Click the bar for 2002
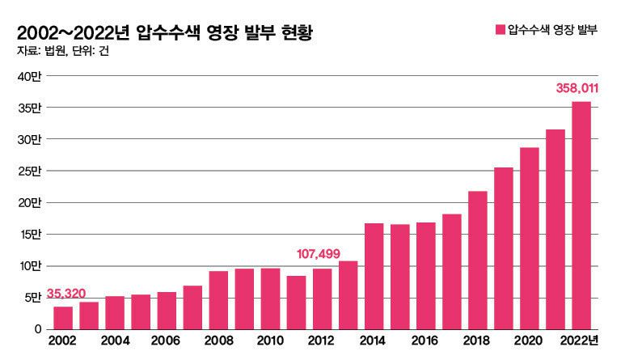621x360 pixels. pyautogui.click(x=63, y=318)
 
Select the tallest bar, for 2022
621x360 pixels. pyautogui.click(x=581, y=215)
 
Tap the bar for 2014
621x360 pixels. pyautogui.click(x=374, y=276)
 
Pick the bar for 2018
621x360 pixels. pyautogui.click(x=478, y=260)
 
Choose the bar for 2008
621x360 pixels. pyautogui.click(x=218, y=300)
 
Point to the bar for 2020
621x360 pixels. pyautogui.click(x=530, y=238)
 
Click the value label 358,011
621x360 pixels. pyautogui.click(x=577, y=87)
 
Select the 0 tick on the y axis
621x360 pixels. pyautogui.click(x=37, y=329)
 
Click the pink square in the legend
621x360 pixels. pyautogui.click(x=499, y=31)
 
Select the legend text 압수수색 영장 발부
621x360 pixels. pyautogui.click(x=552, y=31)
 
